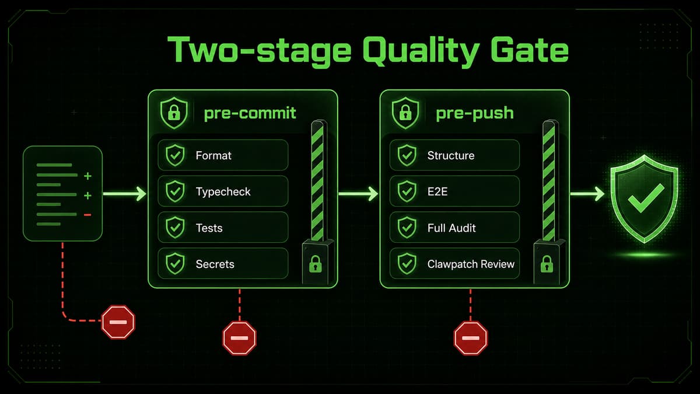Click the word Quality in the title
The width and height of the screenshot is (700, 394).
pos(421,51)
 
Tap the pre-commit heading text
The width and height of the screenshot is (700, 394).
pos(250,113)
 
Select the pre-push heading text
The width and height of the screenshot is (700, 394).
pos(475,113)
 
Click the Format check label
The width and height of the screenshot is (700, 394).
pos(213,155)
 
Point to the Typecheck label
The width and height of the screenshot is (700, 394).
pos(223,191)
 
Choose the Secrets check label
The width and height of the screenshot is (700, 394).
pos(215,264)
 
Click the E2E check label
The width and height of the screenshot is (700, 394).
pos(437,191)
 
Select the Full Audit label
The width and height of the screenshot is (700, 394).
pos(452,228)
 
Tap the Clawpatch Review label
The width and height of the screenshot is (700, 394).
pos(471,264)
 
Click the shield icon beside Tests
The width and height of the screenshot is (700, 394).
pos(175,227)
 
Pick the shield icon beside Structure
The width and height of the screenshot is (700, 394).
pos(407,155)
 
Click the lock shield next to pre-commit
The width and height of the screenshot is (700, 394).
pos(174,113)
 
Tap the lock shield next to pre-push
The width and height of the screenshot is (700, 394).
pos(405,113)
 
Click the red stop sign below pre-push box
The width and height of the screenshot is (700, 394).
pos(471,338)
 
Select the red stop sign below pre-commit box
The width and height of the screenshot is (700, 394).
pos(239,338)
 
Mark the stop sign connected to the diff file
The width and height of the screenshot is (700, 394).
pos(118,322)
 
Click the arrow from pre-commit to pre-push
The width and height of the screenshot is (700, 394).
pos(358,194)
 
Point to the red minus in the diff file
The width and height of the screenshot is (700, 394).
pos(88,215)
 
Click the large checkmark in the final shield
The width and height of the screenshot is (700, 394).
pos(646,198)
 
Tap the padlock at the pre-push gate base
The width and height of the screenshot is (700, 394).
pos(547,264)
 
